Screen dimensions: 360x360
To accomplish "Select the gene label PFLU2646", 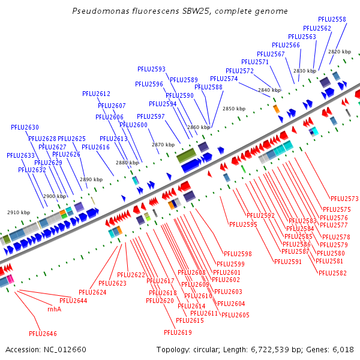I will [x=43, y=333].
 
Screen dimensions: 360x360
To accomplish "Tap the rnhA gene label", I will [x=54, y=309].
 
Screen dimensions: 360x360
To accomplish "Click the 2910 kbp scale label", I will [x=19, y=212].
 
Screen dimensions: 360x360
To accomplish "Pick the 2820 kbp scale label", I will [x=339, y=52].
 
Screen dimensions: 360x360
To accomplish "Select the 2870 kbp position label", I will [x=163, y=145].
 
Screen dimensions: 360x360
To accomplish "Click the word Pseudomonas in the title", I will [x=100, y=11].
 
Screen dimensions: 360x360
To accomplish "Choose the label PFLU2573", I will [x=344, y=199].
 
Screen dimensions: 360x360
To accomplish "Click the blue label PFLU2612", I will [x=96, y=94].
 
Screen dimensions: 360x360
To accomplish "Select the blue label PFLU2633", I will [x=21, y=155].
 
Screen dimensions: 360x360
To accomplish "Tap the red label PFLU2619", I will [x=178, y=332].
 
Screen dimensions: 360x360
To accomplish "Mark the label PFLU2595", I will [x=243, y=224].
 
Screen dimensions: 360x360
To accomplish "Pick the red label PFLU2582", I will [x=332, y=273].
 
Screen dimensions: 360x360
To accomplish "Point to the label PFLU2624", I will [x=92, y=292].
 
